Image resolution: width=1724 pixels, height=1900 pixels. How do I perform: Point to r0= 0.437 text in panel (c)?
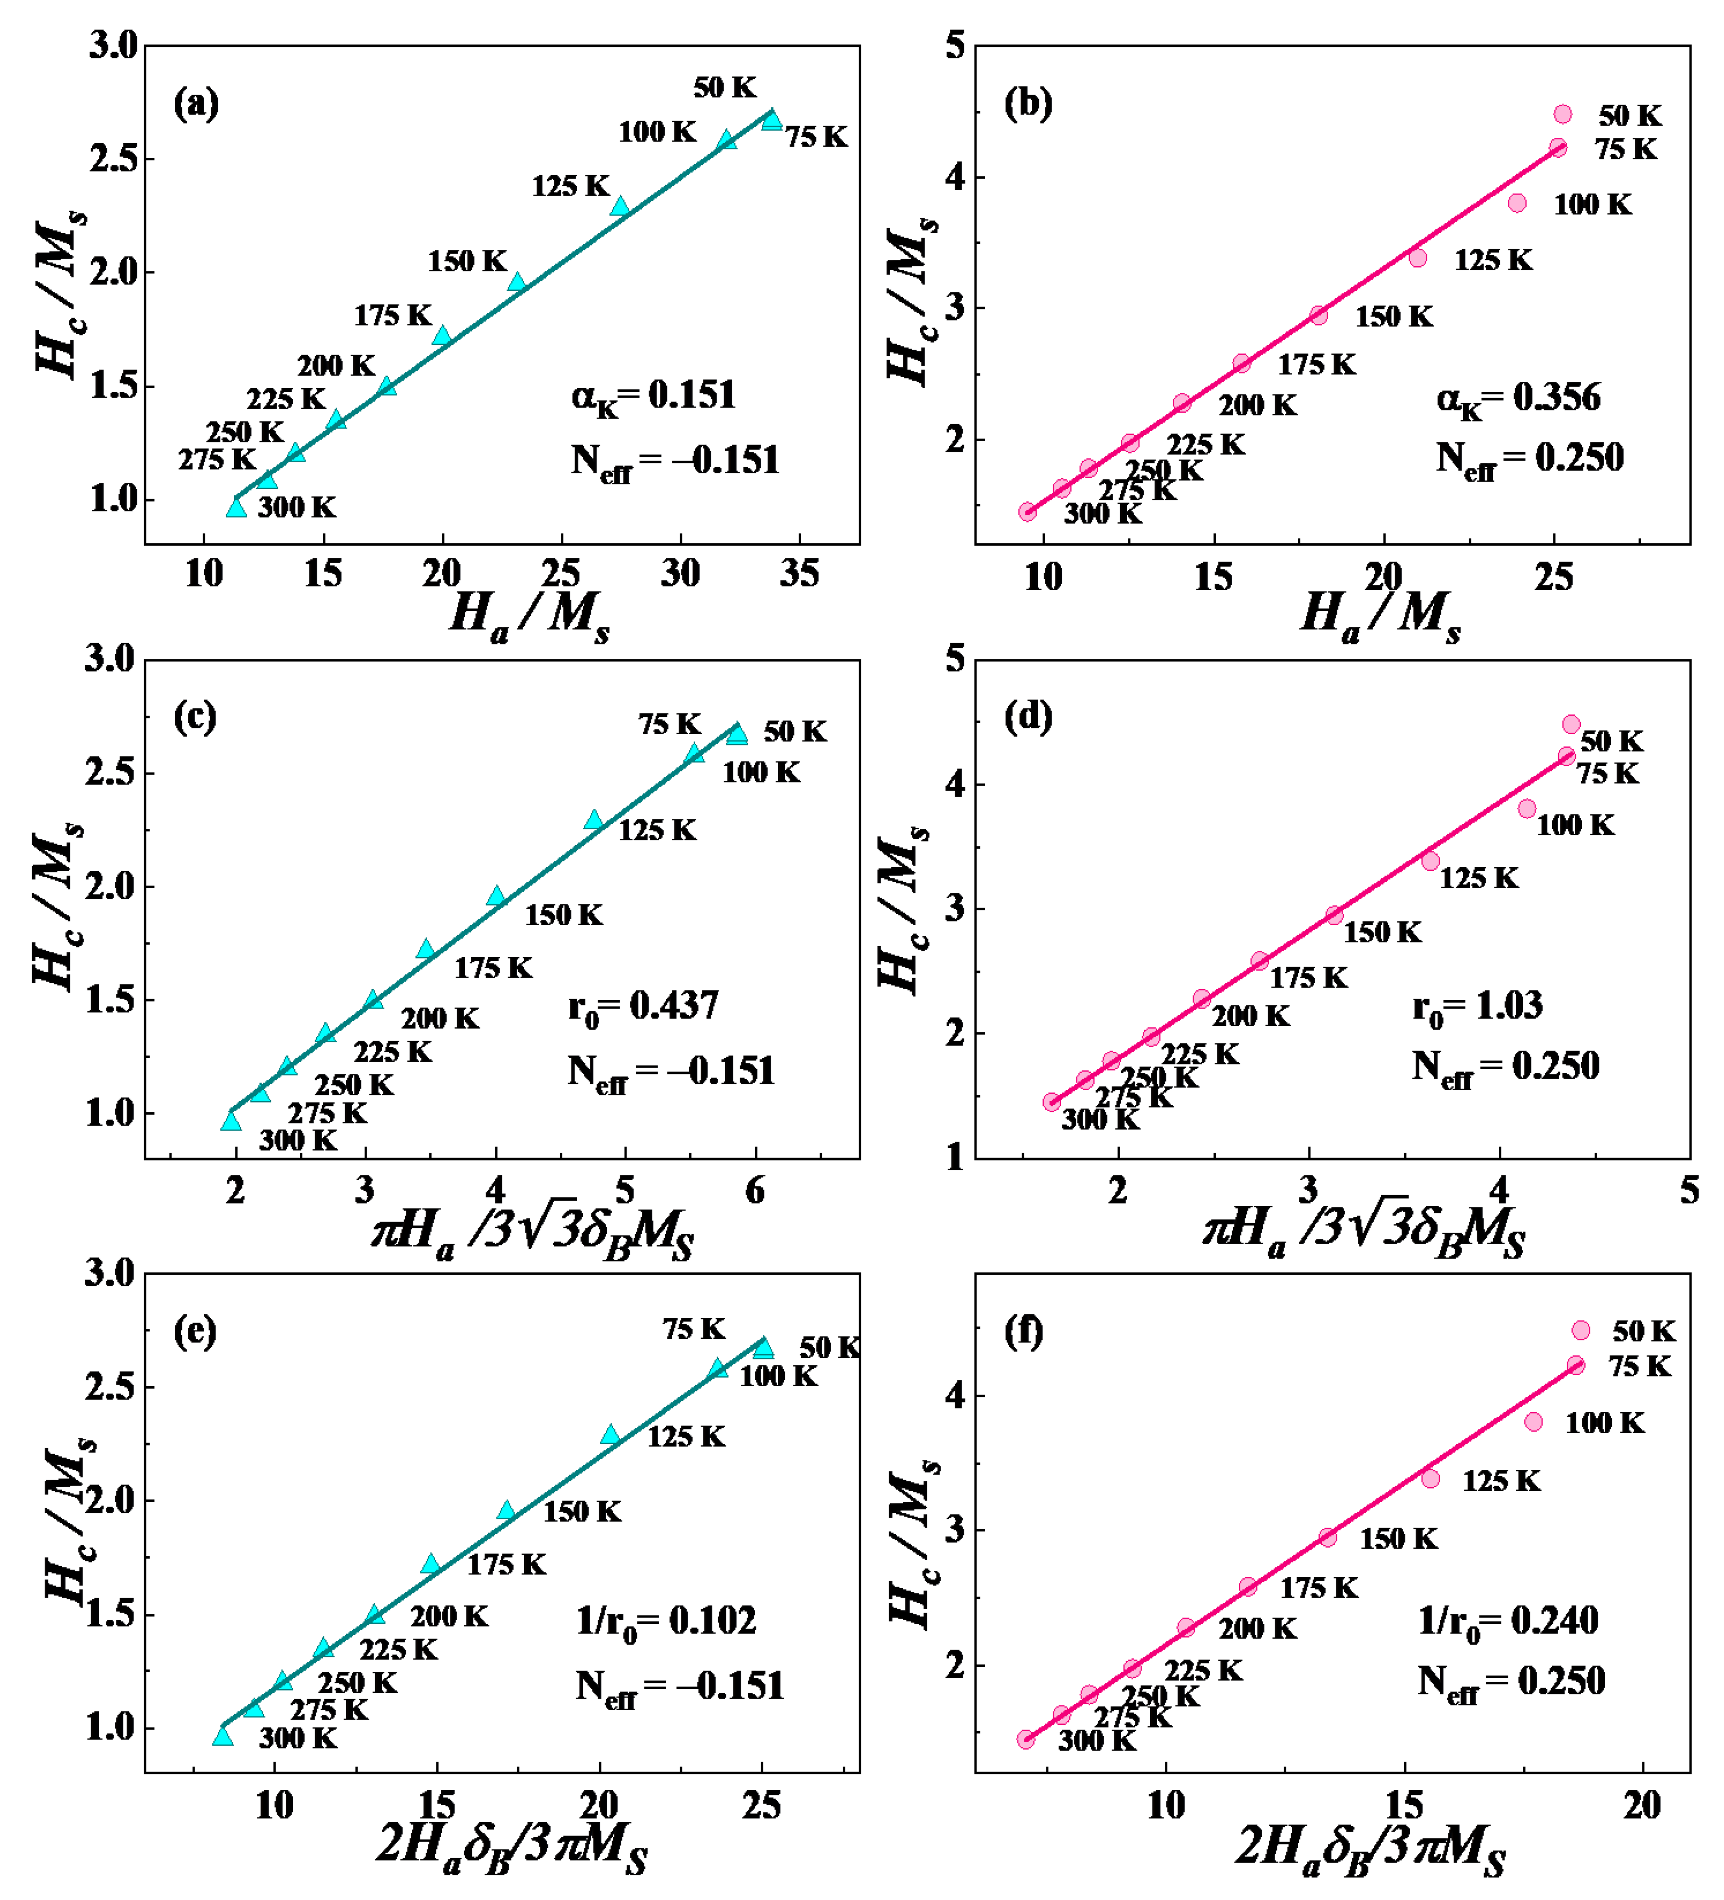(644, 1007)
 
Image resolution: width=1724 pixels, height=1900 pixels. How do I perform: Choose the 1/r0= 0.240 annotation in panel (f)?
(1508, 1621)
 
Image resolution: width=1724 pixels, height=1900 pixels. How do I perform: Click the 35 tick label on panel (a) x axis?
(799, 573)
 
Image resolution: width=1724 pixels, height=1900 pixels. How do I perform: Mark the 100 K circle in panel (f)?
(1534, 1421)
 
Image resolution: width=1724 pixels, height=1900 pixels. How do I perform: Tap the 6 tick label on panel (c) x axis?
(755, 1191)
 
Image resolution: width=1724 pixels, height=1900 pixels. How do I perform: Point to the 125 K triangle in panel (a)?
(619, 206)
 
